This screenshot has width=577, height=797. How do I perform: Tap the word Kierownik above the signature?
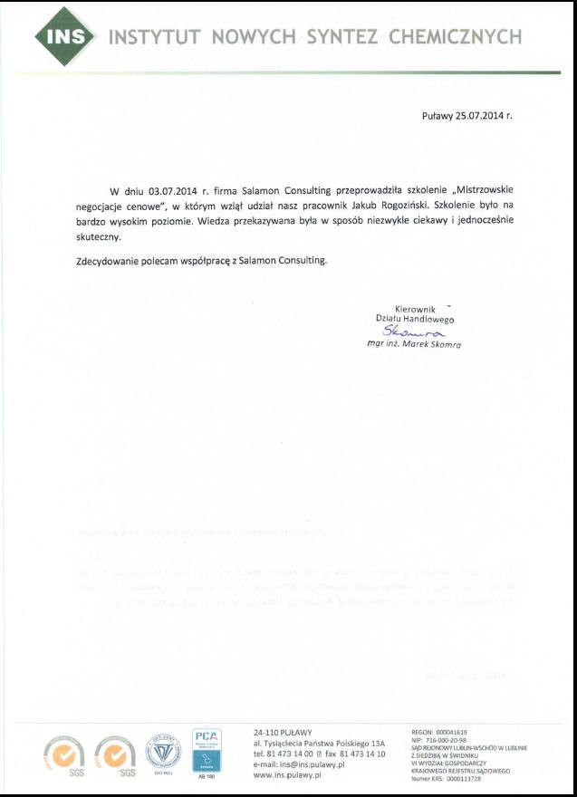[416, 309]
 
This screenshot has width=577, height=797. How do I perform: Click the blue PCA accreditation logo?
[207, 749]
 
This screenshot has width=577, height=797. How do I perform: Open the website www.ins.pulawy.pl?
[288, 776]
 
